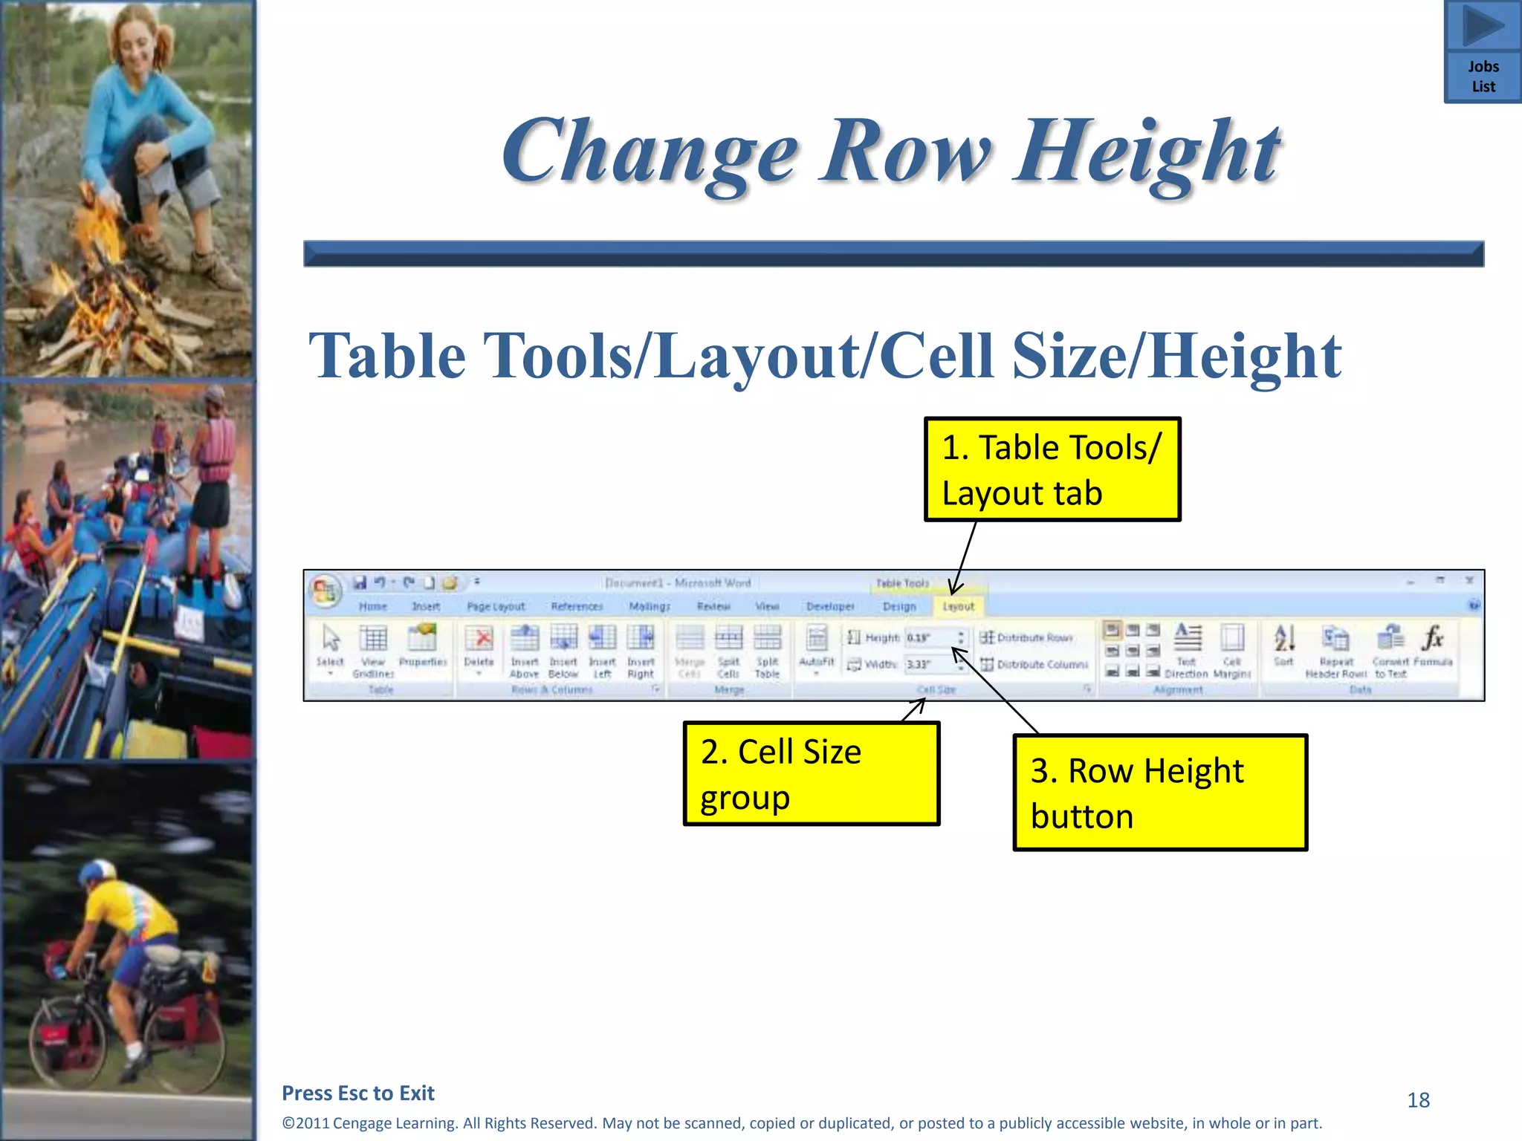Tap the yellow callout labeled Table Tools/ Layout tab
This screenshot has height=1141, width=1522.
1052,469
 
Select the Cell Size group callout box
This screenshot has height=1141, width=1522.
811,774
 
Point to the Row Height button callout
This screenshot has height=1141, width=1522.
1159,793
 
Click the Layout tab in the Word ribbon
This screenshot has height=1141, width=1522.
958,607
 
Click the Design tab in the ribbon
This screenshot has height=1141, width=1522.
899,607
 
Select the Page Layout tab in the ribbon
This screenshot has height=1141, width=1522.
496,607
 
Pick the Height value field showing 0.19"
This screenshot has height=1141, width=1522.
928,638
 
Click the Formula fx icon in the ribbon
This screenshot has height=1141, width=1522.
1432,638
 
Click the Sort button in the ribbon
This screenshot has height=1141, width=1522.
1283,645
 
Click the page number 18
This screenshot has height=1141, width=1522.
1418,1100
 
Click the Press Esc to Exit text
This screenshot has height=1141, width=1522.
358,1093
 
